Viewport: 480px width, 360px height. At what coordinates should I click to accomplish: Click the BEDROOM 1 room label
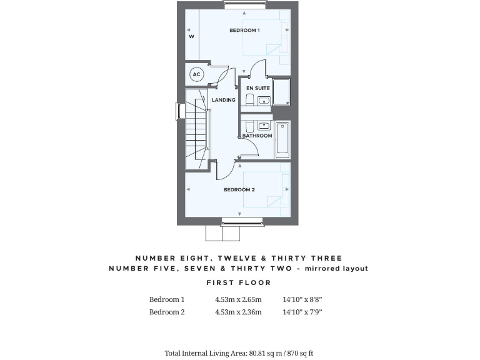coord(244,30)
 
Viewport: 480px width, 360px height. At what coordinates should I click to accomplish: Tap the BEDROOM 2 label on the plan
coord(239,189)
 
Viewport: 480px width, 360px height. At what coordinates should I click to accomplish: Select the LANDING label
coord(223,100)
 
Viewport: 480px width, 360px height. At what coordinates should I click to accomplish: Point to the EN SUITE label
coord(258,88)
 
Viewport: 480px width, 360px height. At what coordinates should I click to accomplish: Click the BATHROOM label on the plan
coord(257,136)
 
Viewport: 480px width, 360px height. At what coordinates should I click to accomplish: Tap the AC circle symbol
coord(196,74)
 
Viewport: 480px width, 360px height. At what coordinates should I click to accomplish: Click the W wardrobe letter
coord(191,37)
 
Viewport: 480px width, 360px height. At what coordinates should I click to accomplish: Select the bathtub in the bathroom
coord(282,139)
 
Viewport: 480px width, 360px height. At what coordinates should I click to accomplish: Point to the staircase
coord(197,131)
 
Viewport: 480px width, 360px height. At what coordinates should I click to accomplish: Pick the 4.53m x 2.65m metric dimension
coord(238,299)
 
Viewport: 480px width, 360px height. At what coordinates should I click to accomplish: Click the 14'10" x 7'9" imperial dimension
coord(302,312)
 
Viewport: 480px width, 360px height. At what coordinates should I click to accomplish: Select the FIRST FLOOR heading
coord(239,282)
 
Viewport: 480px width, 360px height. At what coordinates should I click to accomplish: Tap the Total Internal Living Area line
coord(239,353)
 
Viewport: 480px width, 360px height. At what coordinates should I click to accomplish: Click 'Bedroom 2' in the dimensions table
coord(167,312)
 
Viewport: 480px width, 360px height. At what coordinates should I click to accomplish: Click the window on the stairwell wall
coord(176,111)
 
